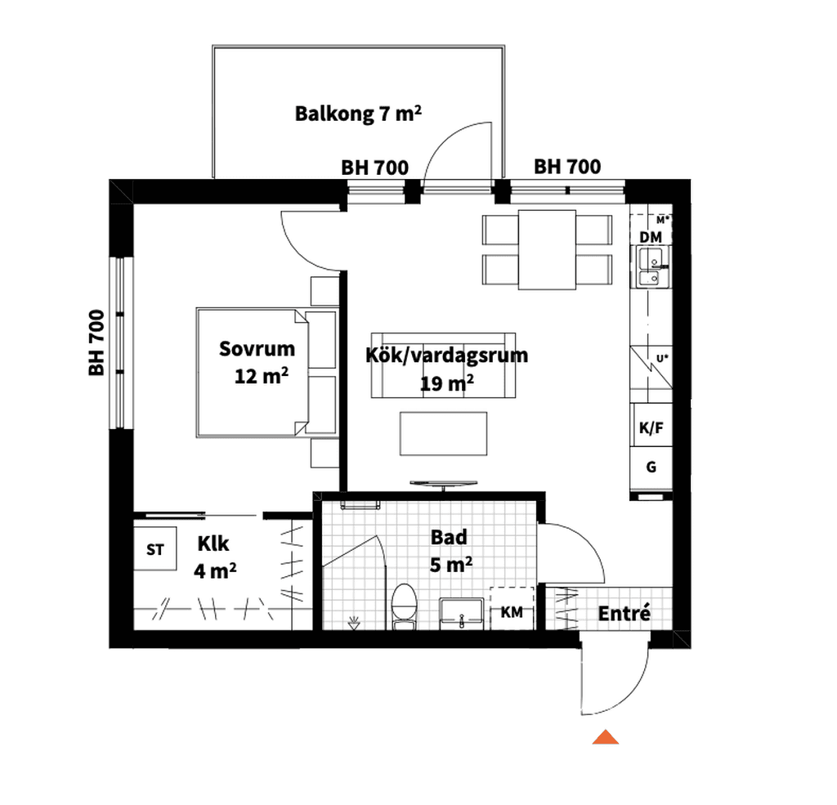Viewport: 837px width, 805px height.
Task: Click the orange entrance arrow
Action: click(x=606, y=737)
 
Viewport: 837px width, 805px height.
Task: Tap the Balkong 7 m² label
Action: click(x=358, y=114)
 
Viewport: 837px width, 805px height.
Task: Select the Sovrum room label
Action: click(x=257, y=349)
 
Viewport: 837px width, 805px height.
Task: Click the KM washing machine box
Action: click(x=512, y=608)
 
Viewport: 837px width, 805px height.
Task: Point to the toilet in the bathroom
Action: click(x=404, y=606)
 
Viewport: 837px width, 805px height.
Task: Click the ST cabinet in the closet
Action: click(x=154, y=548)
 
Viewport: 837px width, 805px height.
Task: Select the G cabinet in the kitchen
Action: click(x=651, y=467)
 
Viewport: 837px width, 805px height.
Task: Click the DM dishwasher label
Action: click(x=651, y=237)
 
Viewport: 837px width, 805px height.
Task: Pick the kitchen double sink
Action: click(x=651, y=267)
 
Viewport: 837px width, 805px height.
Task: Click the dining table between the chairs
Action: click(x=547, y=250)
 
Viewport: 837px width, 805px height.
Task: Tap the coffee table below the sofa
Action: click(x=444, y=433)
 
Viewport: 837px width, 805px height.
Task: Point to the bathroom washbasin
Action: click(x=461, y=614)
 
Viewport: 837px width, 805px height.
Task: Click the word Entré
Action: click(x=624, y=614)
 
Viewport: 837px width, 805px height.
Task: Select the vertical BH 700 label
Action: click(x=96, y=342)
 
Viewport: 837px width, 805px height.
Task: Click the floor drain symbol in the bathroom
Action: click(x=353, y=623)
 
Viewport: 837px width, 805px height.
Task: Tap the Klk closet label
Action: click(x=213, y=543)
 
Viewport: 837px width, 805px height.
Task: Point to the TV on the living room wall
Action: click(x=444, y=484)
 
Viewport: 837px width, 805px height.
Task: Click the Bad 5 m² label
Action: click(x=450, y=551)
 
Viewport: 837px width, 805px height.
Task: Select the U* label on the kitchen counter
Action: click(x=662, y=358)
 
